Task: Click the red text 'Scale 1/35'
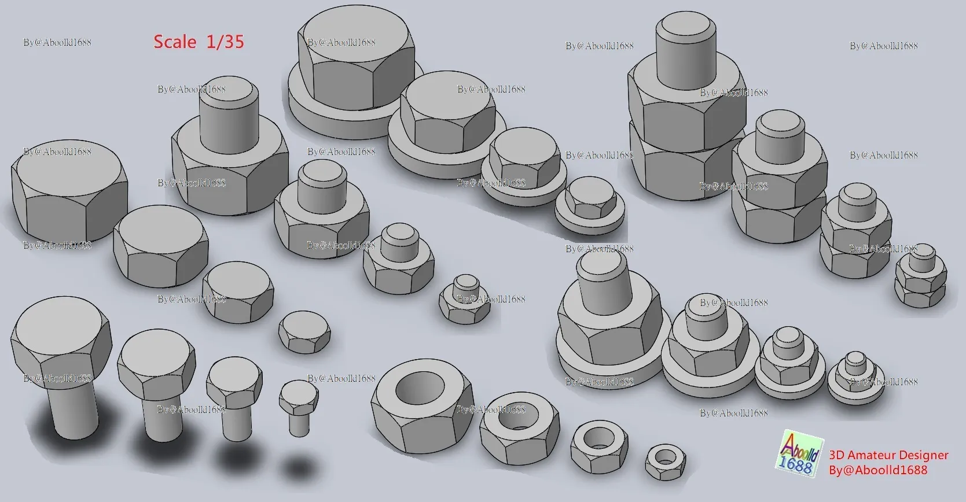point(199,42)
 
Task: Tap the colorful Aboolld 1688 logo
point(800,454)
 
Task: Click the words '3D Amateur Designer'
point(888,455)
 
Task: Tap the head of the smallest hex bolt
point(299,394)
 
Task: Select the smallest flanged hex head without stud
point(589,202)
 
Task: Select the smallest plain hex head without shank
point(304,331)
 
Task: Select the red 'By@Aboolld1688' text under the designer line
point(877,470)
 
